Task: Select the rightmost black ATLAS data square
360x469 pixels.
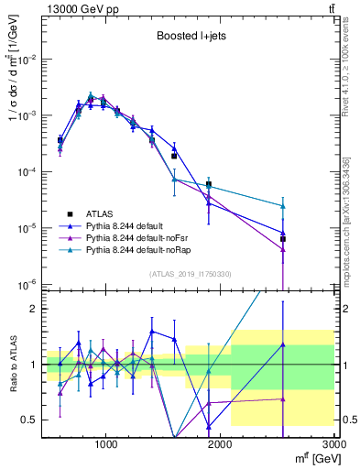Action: [x=283, y=239]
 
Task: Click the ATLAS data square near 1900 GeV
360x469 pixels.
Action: [x=209, y=184]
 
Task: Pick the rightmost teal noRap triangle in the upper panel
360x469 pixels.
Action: [x=283, y=206]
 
